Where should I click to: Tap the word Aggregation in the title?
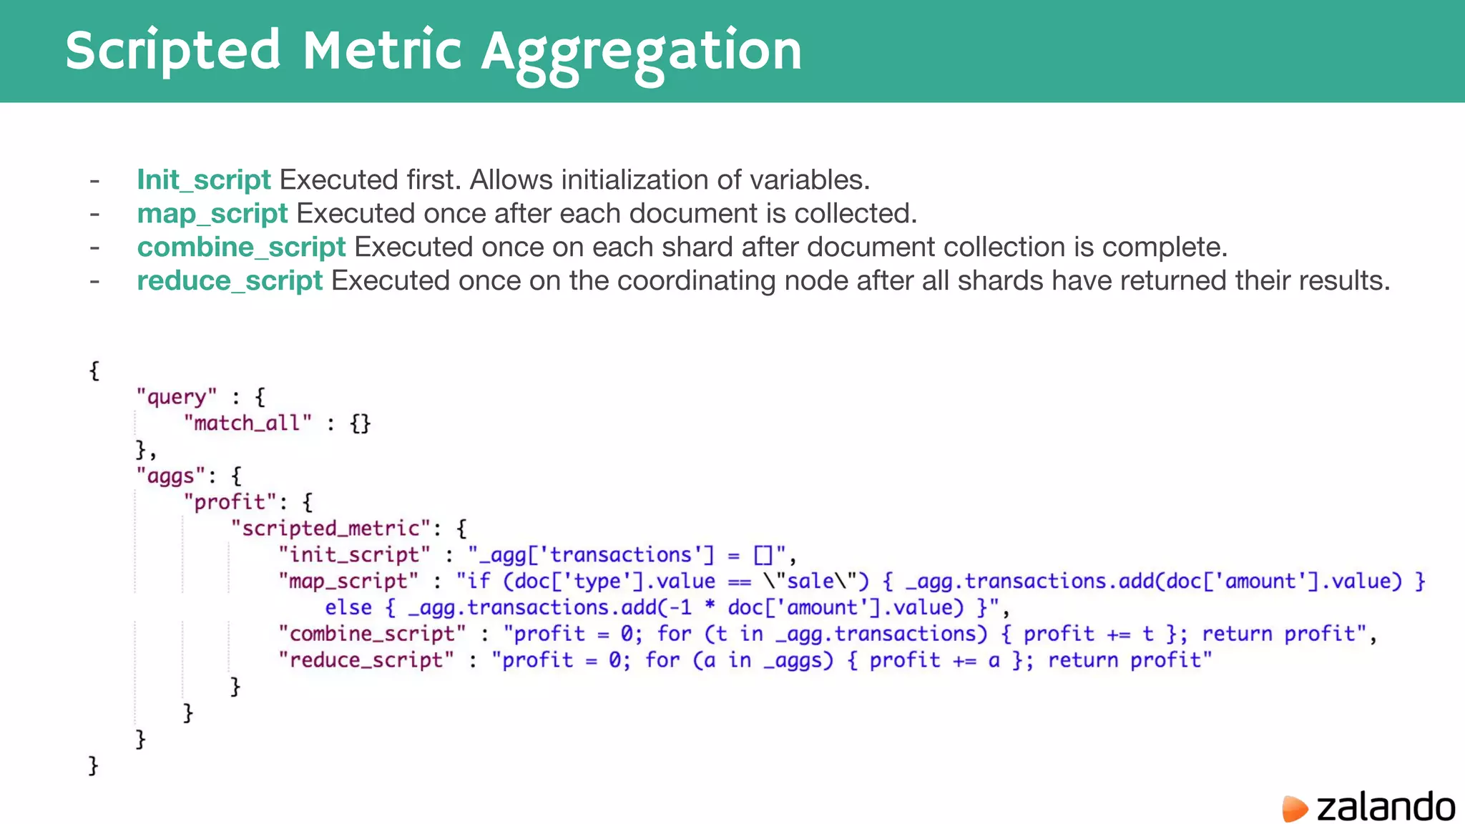[641, 51]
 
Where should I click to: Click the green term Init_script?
[204, 180]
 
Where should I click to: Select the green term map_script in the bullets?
[212, 213]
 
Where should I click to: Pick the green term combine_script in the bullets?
[241, 247]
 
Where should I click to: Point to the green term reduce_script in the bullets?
[230, 280]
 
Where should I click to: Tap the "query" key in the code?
[176, 397]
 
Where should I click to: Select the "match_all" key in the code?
[248, 423]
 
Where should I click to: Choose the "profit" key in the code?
[230, 502]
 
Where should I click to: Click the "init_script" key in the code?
[354, 555]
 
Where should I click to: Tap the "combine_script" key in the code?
[372, 634]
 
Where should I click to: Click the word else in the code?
[348, 608]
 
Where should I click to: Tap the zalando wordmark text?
[1386, 808]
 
